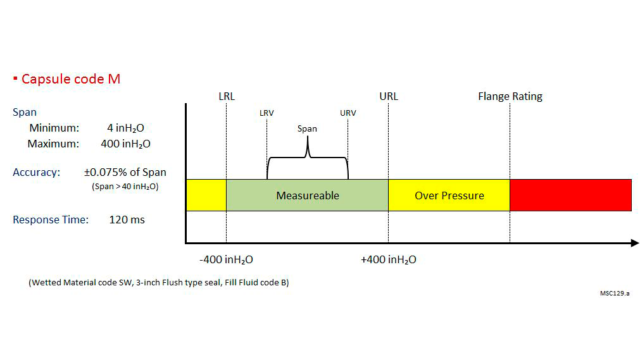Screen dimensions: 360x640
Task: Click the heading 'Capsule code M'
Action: pyautogui.click(x=70, y=79)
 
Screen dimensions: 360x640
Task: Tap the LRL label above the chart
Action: pyautogui.click(x=226, y=96)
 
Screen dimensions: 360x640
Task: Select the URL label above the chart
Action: pyautogui.click(x=389, y=96)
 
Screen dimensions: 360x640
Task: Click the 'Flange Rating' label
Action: pyautogui.click(x=510, y=96)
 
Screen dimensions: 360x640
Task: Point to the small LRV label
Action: pyautogui.click(x=267, y=113)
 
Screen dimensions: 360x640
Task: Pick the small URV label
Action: pyautogui.click(x=348, y=113)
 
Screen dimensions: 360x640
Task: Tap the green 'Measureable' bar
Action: pyautogui.click(x=307, y=196)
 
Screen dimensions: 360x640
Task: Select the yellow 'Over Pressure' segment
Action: pyautogui.click(x=449, y=196)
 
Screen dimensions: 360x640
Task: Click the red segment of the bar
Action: pyautogui.click(x=570, y=196)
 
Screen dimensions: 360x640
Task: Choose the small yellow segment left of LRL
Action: pyautogui.click(x=206, y=196)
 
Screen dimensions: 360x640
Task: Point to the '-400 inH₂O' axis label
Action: pyautogui.click(x=226, y=260)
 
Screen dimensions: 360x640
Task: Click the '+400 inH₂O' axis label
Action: pyautogui.click(x=389, y=260)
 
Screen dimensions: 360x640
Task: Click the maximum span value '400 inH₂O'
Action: pyautogui.click(x=125, y=144)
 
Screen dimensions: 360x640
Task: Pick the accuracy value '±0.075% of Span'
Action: pyautogui.click(x=125, y=172)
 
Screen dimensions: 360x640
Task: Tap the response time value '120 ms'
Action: pyautogui.click(x=127, y=220)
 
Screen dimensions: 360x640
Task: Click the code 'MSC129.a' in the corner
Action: pyautogui.click(x=615, y=294)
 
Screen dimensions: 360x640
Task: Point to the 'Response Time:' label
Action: pyautogui.click(x=51, y=220)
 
